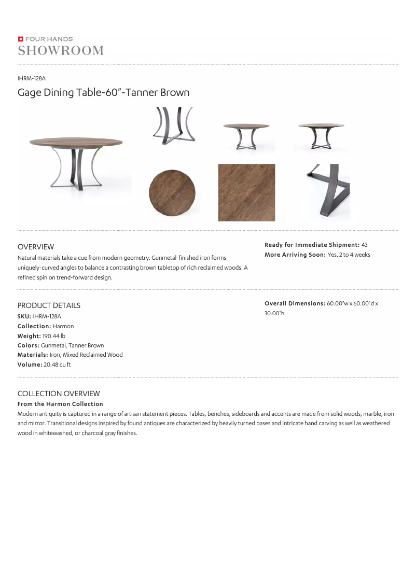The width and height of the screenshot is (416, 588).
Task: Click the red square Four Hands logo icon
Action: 20,39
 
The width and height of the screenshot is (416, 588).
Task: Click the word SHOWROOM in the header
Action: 61,50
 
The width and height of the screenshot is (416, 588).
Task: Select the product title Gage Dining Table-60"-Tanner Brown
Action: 103,93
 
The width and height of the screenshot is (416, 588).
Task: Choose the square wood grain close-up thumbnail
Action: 246,192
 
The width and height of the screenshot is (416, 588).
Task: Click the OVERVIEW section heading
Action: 36,247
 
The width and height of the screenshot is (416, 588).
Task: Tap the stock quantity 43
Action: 365,245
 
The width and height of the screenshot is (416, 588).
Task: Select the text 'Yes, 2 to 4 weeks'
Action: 349,255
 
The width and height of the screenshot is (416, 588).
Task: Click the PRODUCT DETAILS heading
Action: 49,305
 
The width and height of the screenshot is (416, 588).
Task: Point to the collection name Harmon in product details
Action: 63,326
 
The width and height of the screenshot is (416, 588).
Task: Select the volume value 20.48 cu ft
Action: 57,365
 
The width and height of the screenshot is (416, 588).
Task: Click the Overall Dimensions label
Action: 295,303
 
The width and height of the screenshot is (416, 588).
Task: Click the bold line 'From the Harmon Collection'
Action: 60,404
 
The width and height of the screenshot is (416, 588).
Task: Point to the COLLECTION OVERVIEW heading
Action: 59,394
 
